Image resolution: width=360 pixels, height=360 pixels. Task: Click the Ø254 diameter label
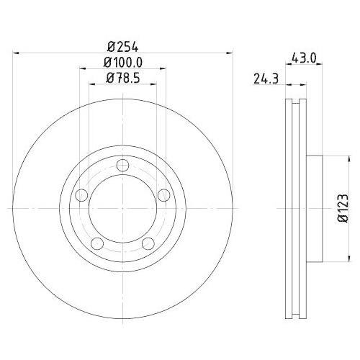[123, 47]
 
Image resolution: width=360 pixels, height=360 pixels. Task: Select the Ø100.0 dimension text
[123, 63]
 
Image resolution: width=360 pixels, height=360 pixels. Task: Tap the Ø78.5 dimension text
[123, 78]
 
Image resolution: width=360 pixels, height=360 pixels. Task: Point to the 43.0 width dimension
[304, 58]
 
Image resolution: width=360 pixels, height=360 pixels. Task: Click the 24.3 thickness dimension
[266, 79]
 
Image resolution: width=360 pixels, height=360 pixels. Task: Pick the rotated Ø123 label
[343, 208]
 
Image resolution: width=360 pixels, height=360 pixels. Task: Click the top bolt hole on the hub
[122, 166]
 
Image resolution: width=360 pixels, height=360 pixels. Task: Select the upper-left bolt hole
[81, 195]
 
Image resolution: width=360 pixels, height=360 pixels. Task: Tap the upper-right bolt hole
[164, 195]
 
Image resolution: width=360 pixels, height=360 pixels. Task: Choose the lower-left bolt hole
[97, 243]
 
